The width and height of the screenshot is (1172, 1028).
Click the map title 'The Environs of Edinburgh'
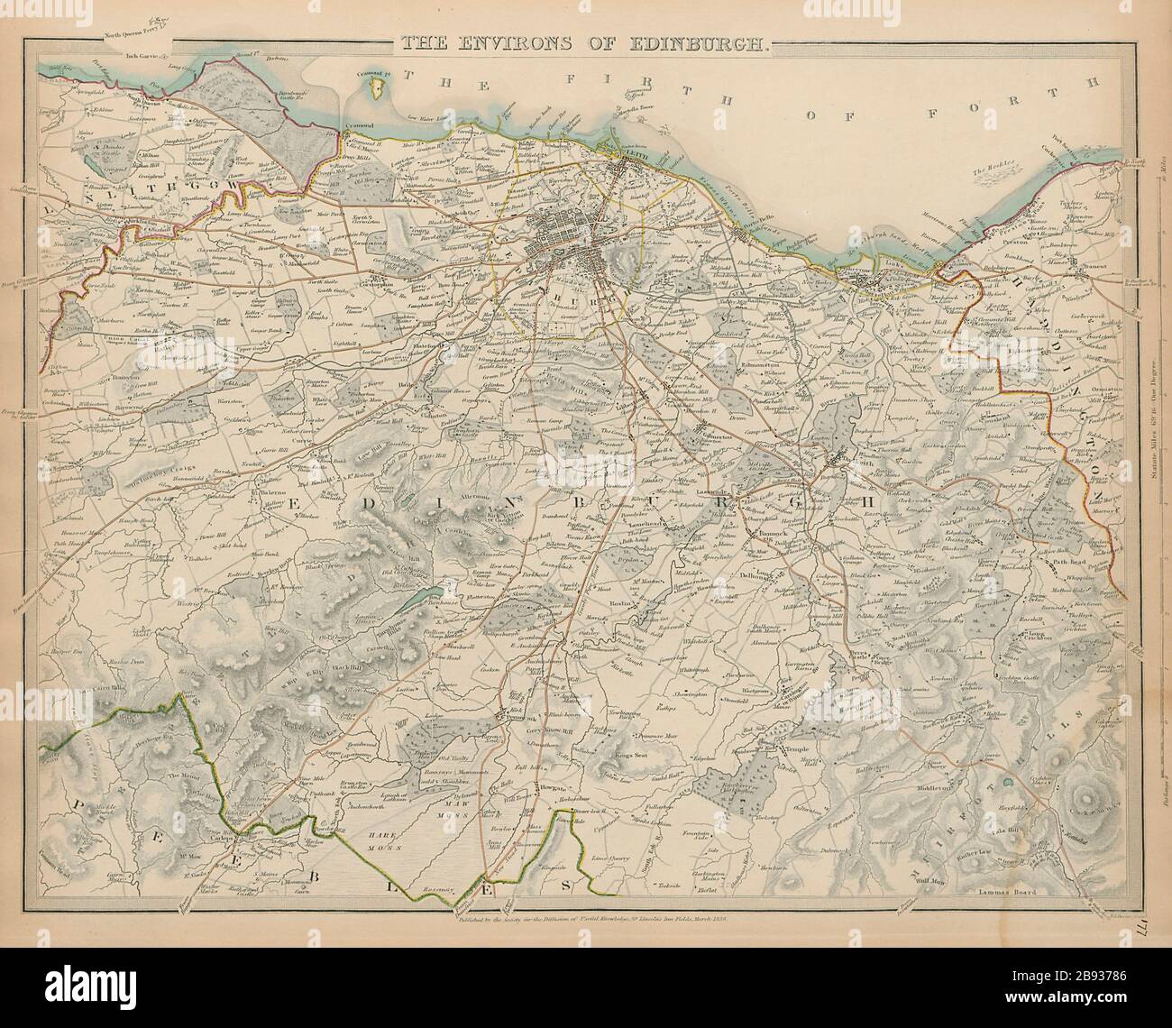(585, 41)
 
